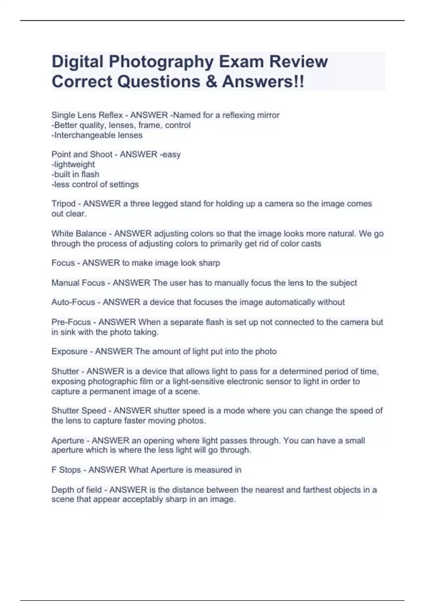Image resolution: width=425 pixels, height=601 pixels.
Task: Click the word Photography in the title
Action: click(161, 62)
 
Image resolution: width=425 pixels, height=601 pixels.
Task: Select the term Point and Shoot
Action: click(82, 154)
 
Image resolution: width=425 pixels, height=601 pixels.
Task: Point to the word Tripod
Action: click(63, 204)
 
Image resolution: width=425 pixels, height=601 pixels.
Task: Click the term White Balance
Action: click(79, 234)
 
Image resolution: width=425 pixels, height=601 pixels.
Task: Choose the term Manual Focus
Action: click(78, 283)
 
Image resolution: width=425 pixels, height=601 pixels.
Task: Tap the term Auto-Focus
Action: click(73, 302)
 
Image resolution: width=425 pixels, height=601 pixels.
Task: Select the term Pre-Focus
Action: click(71, 322)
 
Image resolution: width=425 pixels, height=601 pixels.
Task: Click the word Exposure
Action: click(69, 351)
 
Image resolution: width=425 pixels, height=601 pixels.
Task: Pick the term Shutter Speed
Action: click(79, 411)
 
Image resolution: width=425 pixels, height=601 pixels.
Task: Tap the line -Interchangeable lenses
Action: click(97, 135)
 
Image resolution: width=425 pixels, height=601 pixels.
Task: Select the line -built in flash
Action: click(75, 174)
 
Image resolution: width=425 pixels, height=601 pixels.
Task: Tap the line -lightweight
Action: click(73, 164)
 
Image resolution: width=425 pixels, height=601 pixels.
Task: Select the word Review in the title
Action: click(298, 62)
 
